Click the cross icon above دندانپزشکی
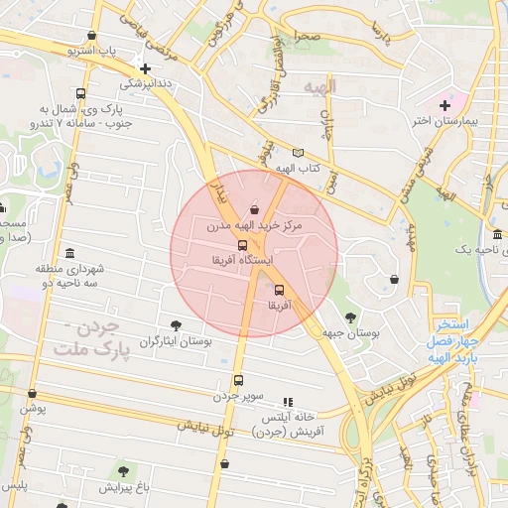tap(146, 68)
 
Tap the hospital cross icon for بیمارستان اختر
tap(444, 105)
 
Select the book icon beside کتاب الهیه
tap(297, 152)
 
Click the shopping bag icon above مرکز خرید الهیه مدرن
tap(256, 209)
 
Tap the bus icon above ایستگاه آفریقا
tap(241, 244)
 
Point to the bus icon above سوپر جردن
tap(237, 380)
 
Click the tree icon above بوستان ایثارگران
tap(177, 324)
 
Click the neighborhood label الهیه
tap(322, 87)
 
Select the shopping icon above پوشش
tap(33, 393)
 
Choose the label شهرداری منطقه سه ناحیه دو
tap(37, 277)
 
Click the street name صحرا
tap(307, 36)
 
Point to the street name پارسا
tap(376, 34)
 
